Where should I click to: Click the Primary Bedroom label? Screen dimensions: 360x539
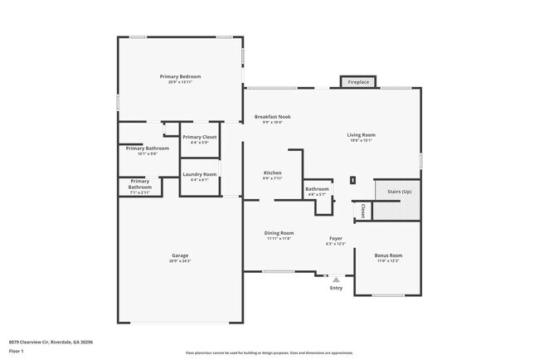pos(180,76)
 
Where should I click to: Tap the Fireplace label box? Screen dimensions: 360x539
pos(358,82)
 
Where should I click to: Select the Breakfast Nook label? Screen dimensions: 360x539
pos(272,117)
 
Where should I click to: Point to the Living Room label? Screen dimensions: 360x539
pos(361,134)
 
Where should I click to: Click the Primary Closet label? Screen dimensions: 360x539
pos(200,137)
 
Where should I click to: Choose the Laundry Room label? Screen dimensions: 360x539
pos(199,174)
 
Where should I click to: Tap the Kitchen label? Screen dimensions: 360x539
pos(273,173)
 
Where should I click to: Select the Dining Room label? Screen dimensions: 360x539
pos(279,233)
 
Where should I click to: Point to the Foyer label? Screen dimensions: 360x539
pos(336,238)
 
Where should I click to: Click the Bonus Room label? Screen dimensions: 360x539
pos(387,255)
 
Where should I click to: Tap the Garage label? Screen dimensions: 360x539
pos(180,255)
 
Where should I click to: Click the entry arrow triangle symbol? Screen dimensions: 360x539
pos(336,280)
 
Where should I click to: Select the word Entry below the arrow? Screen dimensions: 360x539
pos(336,288)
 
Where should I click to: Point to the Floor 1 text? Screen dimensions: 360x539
pos(16,350)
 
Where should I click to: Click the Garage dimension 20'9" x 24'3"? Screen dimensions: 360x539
pos(180,261)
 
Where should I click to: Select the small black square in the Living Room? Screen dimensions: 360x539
pos(352,179)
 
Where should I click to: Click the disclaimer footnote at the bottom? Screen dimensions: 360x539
pos(269,353)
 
